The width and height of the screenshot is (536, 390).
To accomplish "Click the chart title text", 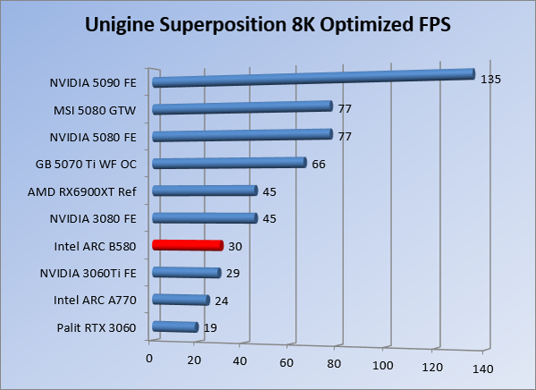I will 267,25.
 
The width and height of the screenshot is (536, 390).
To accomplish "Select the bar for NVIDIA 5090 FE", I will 313,78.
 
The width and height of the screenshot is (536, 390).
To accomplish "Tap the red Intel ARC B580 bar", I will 187,245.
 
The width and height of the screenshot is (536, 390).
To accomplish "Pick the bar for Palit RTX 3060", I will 175,327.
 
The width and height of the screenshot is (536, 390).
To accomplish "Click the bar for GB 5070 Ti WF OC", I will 230,163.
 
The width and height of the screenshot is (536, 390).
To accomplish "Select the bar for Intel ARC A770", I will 180,301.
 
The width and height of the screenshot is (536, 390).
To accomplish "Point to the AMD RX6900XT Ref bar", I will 205,191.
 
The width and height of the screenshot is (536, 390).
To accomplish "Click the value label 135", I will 490,79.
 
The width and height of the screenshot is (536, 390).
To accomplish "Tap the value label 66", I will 319,164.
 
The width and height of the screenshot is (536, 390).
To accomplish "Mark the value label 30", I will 235,246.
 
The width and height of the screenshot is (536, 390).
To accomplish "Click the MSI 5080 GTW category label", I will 92,111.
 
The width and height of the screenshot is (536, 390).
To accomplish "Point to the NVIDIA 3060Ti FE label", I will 88,273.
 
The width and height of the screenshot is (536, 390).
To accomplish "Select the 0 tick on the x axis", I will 150,358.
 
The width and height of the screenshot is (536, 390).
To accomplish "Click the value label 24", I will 222,301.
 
